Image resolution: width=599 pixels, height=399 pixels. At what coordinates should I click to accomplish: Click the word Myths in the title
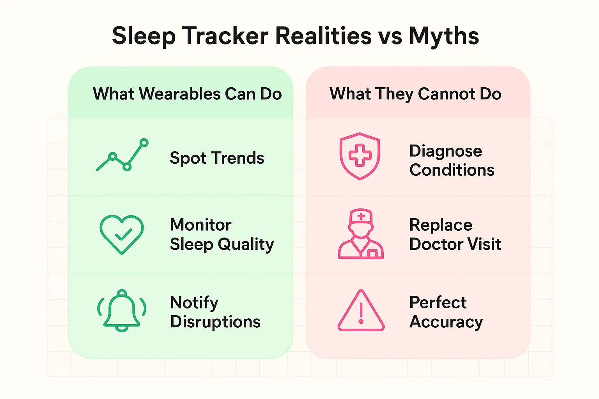click(x=444, y=36)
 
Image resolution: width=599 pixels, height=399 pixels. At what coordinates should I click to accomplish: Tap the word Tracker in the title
click(x=225, y=36)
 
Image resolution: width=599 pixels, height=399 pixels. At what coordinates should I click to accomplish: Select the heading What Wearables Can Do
click(x=187, y=94)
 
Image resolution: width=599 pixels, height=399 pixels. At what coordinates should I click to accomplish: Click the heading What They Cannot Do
click(x=415, y=94)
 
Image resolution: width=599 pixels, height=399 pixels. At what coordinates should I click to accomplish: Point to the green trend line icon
click(x=122, y=155)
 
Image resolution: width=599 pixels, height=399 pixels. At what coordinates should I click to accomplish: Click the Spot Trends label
click(x=217, y=158)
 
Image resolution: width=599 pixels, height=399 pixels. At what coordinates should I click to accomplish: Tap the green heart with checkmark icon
click(x=122, y=234)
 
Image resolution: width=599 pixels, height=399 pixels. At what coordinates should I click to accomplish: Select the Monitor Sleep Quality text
click(x=222, y=235)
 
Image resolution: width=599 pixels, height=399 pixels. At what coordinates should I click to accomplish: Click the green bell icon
click(x=122, y=311)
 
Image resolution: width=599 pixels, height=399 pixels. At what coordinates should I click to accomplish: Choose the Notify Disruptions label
click(x=215, y=312)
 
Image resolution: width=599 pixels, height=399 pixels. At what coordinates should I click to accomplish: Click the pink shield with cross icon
click(x=360, y=156)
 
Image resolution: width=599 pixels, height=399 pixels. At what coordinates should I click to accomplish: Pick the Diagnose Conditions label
click(x=452, y=161)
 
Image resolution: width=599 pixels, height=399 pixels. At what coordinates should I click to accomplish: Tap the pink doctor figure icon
click(x=361, y=234)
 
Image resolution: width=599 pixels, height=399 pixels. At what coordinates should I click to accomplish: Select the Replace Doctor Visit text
click(x=455, y=235)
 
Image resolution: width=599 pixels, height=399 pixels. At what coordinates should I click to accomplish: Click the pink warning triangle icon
click(x=361, y=311)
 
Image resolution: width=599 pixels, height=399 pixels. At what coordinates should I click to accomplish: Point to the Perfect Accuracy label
click(x=446, y=312)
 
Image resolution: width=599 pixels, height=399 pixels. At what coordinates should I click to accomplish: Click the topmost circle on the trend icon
click(x=144, y=143)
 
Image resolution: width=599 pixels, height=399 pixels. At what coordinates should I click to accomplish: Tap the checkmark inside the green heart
click(x=123, y=234)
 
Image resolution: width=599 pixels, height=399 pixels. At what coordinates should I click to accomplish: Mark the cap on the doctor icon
click(x=361, y=216)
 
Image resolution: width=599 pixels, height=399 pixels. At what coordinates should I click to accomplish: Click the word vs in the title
click(x=390, y=36)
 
